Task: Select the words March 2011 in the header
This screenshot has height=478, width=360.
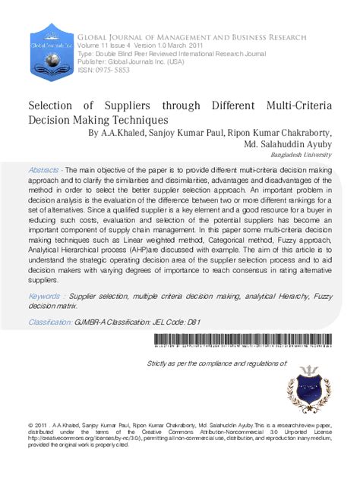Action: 195,45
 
